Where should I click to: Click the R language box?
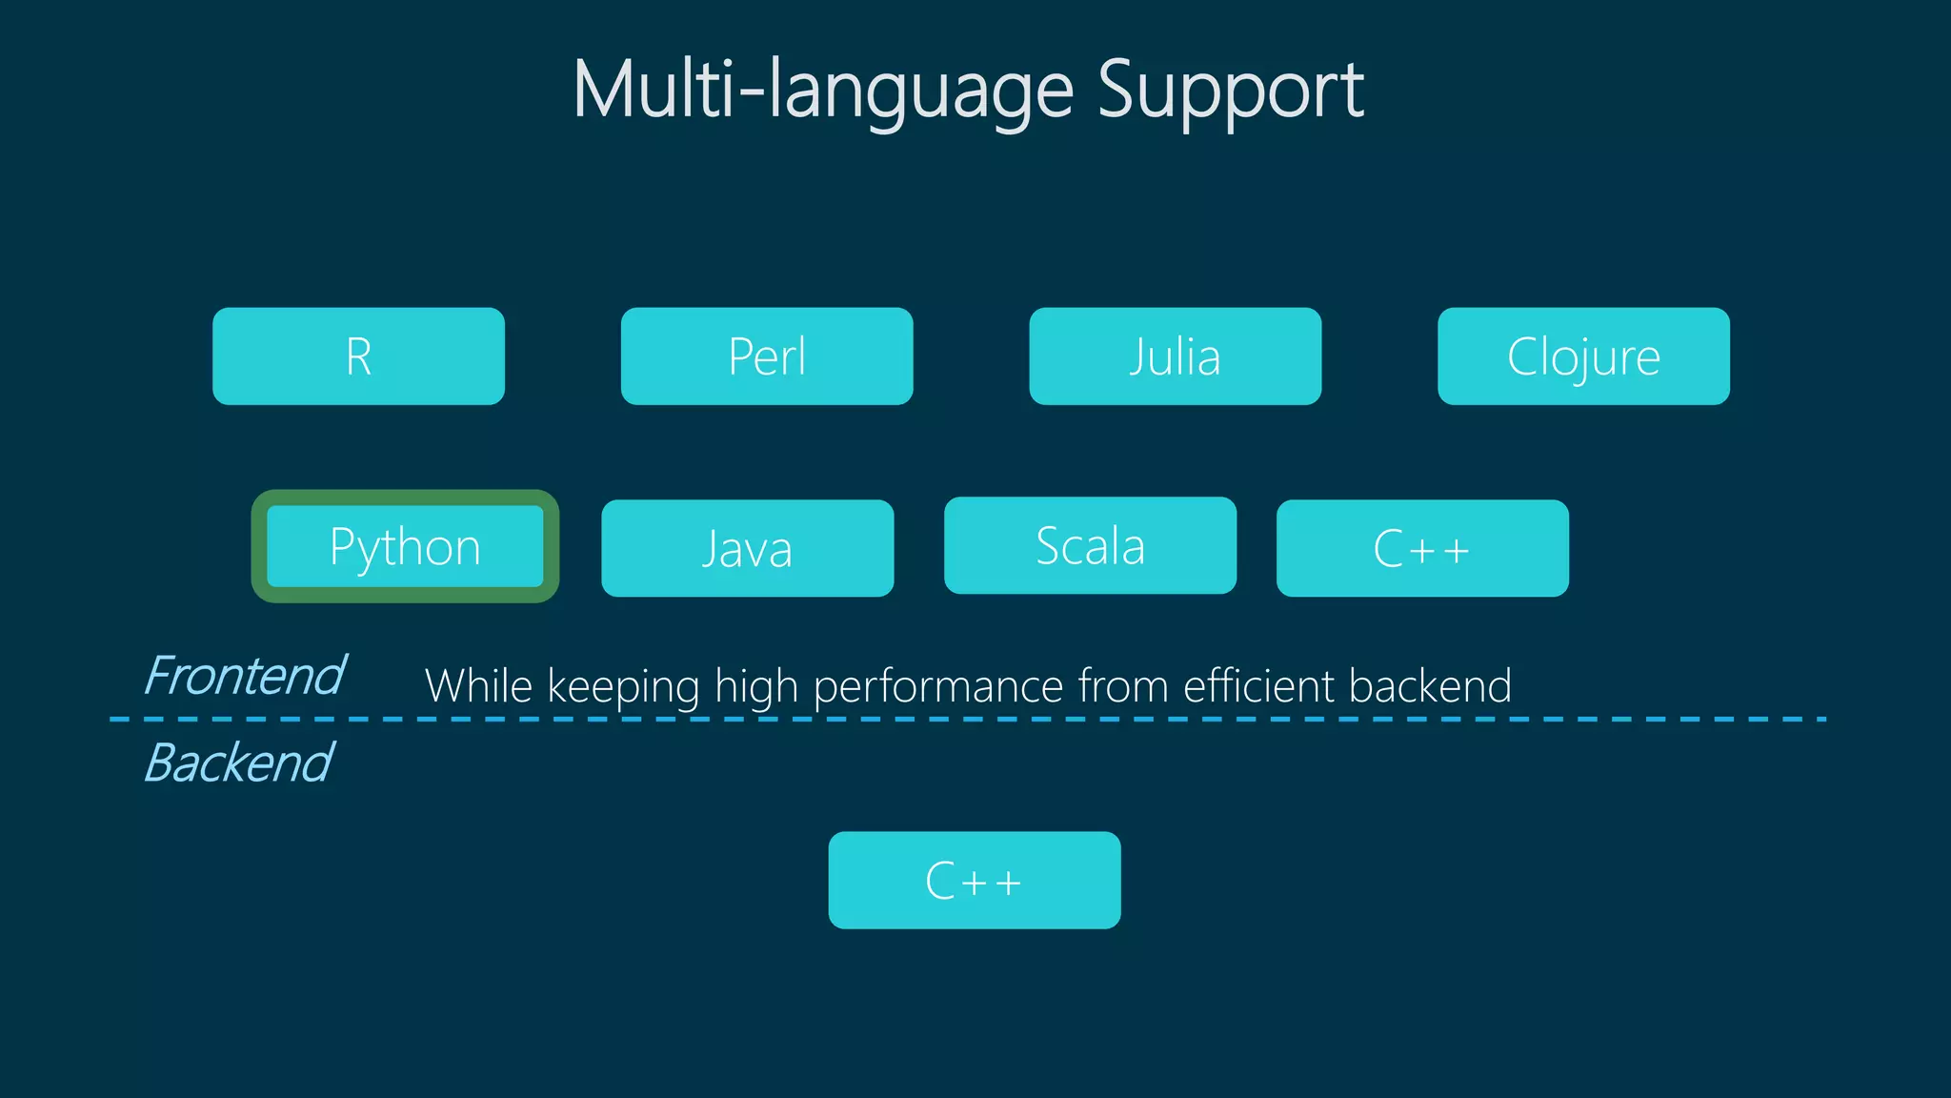(358, 356)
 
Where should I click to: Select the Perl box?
(766, 356)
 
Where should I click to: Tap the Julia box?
(1175, 356)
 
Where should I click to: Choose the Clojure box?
(1583, 356)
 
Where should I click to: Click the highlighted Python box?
(405, 546)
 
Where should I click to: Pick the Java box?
(747, 548)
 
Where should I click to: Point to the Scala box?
(1090, 545)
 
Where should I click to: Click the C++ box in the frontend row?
(1422, 548)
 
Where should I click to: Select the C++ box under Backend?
(974, 880)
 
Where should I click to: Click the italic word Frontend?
(244, 676)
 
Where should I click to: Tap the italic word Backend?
(238, 762)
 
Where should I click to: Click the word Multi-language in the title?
(824, 91)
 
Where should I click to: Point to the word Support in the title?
(1231, 91)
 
